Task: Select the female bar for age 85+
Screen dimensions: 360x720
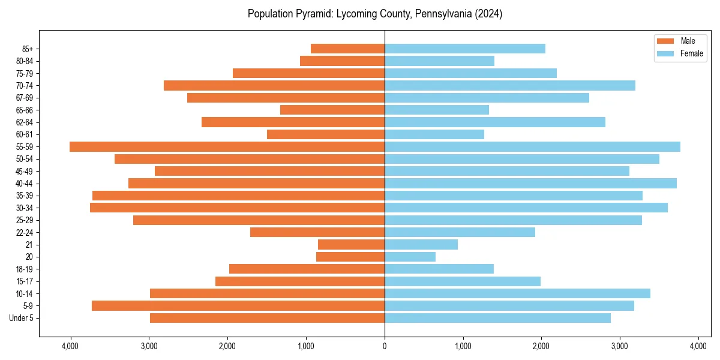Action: pyautogui.click(x=465, y=49)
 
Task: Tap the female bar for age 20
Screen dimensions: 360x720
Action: pyautogui.click(x=410, y=257)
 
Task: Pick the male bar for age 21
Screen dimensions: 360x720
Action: pyautogui.click(x=351, y=245)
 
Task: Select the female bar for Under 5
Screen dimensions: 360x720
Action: pyautogui.click(x=497, y=318)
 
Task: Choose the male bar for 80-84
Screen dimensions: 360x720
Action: pyautogui.click(x=342, y=61)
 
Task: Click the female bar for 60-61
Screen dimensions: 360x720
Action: pyautogui.click(x=434, y=134)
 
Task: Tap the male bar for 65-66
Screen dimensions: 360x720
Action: pyautogui.click(x=332, y=110)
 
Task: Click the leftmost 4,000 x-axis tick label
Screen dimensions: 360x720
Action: pyautogui.click(x=70, y=346)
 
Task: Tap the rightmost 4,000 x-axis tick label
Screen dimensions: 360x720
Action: pyautogui.click(x=698, y=346)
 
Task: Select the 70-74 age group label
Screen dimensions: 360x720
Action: pyautogui.click(x=25, y=86)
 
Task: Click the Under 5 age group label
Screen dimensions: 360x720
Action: pyautogui.click(x=21, y=318)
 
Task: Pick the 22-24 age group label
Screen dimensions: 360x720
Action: pyautogui.click(x=25, y=233)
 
